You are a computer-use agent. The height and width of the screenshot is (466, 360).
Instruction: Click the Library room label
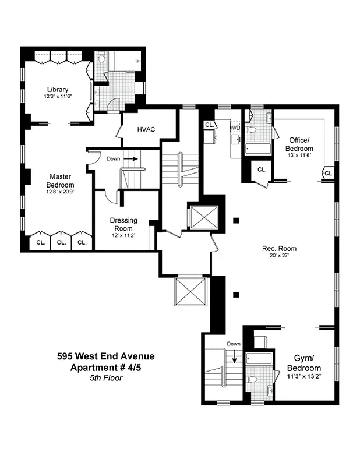tap(58, 90)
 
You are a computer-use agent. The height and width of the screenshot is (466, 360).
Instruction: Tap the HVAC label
tap(146, 129)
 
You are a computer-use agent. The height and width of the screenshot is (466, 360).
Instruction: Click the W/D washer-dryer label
tap(235, 128)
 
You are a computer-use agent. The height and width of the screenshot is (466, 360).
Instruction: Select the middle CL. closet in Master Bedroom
tap(61, 242)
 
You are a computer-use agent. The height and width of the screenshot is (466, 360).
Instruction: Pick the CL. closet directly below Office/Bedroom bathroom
tap(262, 170)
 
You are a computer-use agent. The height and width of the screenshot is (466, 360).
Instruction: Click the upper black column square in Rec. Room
tap(236, 220)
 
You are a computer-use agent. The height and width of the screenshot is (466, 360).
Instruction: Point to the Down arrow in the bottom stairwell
tap(234, 352)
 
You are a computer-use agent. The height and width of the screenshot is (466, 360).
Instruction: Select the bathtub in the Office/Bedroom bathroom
tap(257, 148)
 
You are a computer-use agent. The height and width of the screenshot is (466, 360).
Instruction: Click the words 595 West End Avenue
tap(105, 356)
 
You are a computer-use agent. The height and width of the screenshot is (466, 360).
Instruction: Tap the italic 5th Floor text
tap(105, 378)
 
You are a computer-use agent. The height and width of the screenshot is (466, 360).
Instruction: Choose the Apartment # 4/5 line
tap(105, 368)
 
